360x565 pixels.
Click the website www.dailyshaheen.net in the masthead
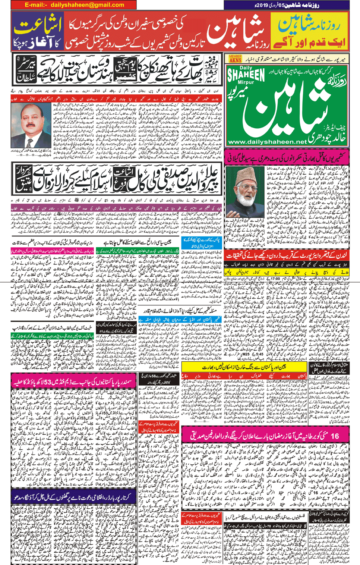point(267,142)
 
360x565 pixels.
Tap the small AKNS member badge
point(235,59)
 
